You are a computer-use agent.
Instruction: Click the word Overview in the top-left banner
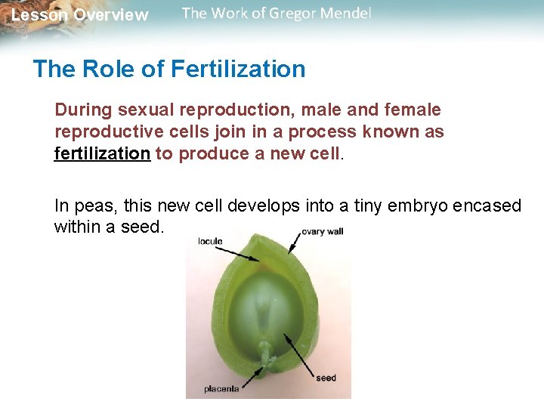click(112, 15)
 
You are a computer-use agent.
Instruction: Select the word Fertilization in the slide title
click(238, 69)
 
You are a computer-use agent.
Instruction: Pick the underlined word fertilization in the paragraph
click(102, 153)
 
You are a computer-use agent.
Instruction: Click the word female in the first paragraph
click(413, 110)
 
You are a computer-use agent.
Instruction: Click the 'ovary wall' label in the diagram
click(322, 231)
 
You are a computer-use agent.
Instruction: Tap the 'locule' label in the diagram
click(210, 242)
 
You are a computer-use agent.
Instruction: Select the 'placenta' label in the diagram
click(221, 389)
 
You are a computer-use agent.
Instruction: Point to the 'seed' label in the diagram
click(326, 378)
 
